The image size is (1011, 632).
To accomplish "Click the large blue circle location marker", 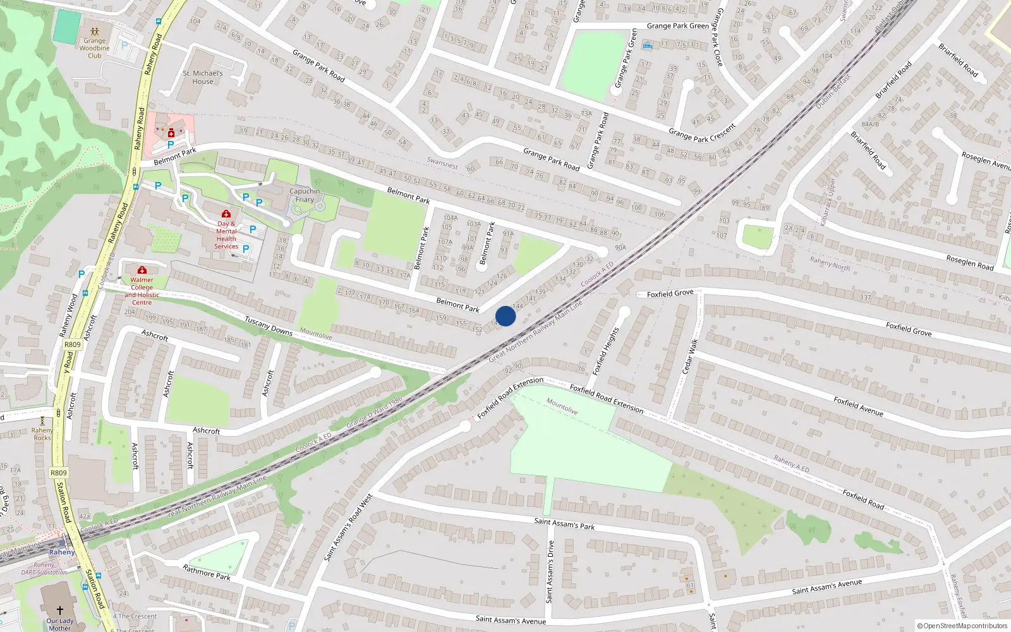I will tap(505, 316).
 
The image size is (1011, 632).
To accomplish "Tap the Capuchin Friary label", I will tap(305, 195).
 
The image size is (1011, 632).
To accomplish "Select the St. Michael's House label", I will tap(203, 77).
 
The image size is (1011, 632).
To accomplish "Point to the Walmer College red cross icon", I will tap(142, 270).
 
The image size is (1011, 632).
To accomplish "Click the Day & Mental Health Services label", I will tap(226, 235).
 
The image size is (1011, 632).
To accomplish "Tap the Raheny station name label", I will tap(62, 552).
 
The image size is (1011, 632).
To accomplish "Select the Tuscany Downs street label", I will tap(269, 326).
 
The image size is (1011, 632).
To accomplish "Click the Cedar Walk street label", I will tap(690, 356).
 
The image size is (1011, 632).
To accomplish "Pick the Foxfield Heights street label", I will tap(606, 351).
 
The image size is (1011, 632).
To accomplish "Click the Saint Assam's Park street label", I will tap(564, 523).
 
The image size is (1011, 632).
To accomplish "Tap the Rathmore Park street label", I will tap(207, 573).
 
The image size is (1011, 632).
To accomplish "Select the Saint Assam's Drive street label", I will tap(550, 571).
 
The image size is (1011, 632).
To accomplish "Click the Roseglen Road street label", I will tap(970, 262).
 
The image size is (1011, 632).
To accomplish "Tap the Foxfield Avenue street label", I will tap(858, 406).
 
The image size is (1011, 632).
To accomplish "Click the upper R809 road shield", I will tap(73, 344).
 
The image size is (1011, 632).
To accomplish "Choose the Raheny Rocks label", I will tap(42, 434).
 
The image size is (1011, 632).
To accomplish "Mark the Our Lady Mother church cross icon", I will tap(60, 610).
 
